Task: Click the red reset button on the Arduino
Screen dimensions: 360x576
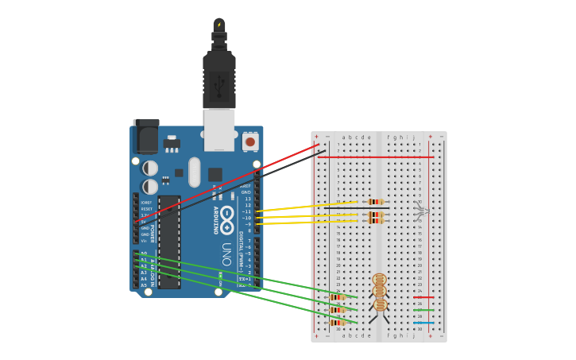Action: click(x=250, y=142)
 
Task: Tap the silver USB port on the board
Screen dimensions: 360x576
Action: click(x=219, y=129)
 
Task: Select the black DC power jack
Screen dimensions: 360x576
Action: click(x=146, y=137)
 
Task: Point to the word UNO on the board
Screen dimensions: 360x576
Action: click(x=226, y=254)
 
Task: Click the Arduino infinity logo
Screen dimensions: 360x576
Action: click(x=226, y=215)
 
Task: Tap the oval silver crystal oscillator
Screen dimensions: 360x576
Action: click(x=195, y=172)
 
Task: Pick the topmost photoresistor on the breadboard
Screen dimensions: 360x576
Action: click(x=379, y=280)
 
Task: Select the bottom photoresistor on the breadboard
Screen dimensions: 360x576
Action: click(x=380, y=304)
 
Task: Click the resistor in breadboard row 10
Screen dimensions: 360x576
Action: click(x=376, y=202)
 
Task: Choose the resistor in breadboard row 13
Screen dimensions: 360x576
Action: click(x=376, y=221)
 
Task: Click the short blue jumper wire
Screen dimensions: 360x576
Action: click(x=423, y=323)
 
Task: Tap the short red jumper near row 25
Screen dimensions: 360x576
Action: click(x=423, y=297)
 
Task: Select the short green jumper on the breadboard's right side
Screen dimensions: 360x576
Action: click(x=423, y=310)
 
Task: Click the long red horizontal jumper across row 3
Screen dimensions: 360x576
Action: click(x=375, y=157)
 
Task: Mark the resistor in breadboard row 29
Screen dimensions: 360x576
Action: click(x=338, y=323)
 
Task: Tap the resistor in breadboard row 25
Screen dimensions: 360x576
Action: click(x=338, y=297)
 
